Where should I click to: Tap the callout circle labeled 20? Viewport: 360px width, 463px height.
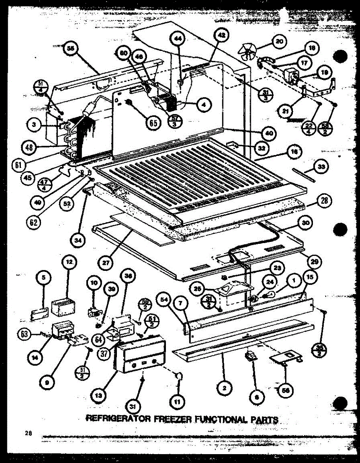point(279,41)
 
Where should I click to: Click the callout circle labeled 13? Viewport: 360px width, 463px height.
point(99,394)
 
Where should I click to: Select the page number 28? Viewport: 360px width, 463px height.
point(28,433)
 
